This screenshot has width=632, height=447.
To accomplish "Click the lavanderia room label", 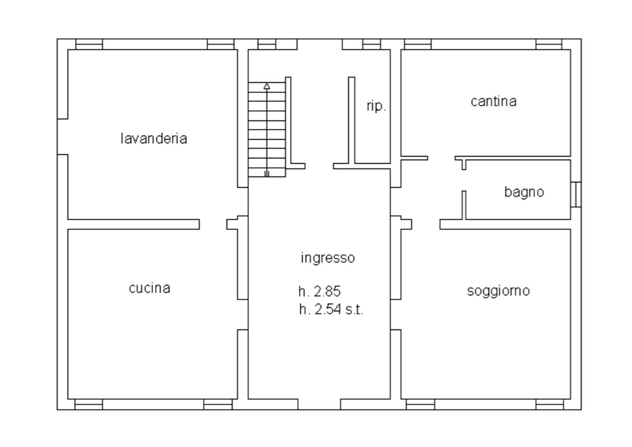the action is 154,139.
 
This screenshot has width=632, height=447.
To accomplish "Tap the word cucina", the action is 150,288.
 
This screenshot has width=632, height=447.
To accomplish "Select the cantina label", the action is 493,101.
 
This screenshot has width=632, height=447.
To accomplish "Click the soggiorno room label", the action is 498,291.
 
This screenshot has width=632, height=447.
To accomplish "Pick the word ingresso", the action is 327,258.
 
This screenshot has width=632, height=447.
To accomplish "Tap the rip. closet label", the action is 376,106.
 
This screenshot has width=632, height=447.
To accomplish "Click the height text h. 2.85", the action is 319,291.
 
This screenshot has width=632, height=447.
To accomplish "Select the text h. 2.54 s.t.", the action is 331,309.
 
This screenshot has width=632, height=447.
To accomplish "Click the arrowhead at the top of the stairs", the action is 267,86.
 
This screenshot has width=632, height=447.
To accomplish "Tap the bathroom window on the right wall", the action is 576,194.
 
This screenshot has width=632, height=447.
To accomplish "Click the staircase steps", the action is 267,129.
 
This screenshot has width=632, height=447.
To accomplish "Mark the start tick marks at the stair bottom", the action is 267,174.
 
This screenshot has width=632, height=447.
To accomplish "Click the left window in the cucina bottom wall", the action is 88,404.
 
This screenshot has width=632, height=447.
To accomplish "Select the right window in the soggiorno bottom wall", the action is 549,404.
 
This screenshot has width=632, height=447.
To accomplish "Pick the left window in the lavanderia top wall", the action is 89,44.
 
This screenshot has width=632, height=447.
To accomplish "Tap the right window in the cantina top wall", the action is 549,44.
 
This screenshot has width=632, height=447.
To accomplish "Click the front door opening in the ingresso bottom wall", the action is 319,404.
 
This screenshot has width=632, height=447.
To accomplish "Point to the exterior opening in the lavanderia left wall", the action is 62,137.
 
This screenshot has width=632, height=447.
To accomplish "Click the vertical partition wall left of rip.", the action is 351,120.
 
